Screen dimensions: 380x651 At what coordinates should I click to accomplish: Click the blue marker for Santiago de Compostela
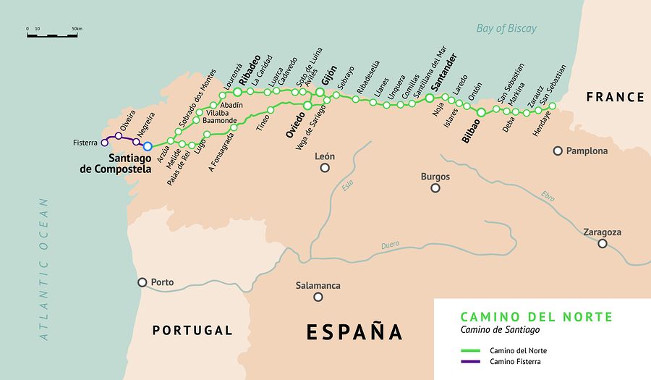pyautogui.click(x=148, y=146)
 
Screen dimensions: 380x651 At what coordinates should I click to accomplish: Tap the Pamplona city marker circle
pyautogui.click(x=558, y=151)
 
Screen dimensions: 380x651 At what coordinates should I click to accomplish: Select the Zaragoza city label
pyautogui.click(x=602, y=232)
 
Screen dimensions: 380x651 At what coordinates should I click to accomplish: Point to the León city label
pyautogui.click(x=325, y=156)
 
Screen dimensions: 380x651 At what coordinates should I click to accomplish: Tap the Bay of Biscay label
pyautogui.click(x=506, y=29)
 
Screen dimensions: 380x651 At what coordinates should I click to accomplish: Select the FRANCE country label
pyautogui.click(x=615, y=97)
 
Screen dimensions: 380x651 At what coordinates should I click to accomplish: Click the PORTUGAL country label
pyautogui.click(x=192, y=331)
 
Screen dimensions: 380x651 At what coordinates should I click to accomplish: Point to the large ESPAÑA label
pyautogui.click(x=354, y=332)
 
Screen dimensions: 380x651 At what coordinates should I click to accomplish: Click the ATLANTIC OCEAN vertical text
pyautogui.click(x=45, y=269)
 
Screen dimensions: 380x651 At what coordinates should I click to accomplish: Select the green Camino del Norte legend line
pyautogui.click(x=472, y=351)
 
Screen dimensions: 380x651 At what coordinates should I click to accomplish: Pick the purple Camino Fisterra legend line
pyautogui.click(x=472, y=361)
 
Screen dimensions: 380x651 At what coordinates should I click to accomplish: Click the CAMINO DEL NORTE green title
pyautogui.click(x=536, y=317)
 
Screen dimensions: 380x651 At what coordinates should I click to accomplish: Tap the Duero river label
pyautogui.click(x=390, y=245)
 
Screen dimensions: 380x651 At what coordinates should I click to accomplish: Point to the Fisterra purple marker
pyautogui.click(x=103, y=143)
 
